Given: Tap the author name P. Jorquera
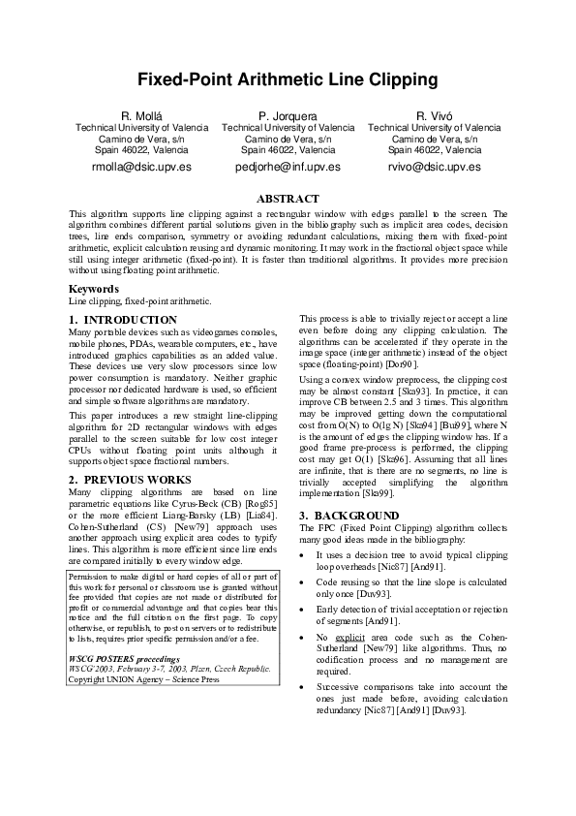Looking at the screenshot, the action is [x=288, y=116].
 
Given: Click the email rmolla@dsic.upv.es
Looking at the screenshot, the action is [x=141, y=167].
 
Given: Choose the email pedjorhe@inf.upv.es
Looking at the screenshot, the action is [x=288, y=167].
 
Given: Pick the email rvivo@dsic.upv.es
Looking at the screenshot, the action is [x=435, y=167].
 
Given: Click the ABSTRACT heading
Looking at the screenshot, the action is [x=288, y=199].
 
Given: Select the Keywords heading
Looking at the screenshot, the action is [x=94, y=289].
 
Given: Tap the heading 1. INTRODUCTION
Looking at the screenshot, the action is [x=123, y=319].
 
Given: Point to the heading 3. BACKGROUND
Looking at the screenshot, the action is [x=349, y=515].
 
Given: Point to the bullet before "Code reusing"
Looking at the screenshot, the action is [x=305, y=581].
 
